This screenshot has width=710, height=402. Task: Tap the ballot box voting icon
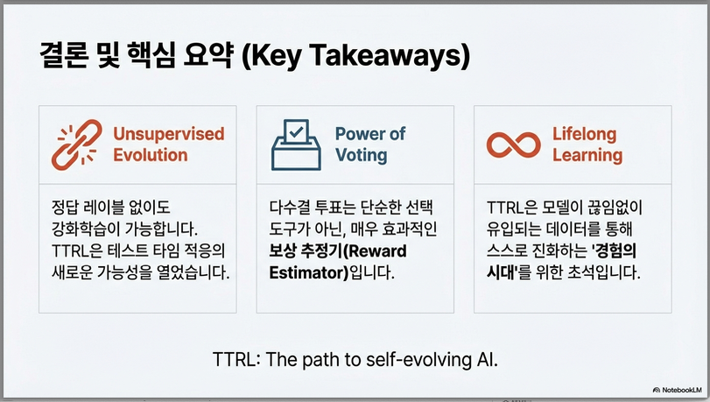click(296, 145)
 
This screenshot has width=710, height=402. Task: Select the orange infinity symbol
click(514, 145)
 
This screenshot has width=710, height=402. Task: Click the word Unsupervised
click(169, 134)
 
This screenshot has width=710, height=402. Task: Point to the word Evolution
click(151, 155)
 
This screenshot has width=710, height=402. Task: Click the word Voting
click(362, 155)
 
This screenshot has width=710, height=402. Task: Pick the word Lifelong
click(584, 135)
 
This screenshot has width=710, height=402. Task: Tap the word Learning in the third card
click(587, 155)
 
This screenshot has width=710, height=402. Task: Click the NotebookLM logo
click(677, 390)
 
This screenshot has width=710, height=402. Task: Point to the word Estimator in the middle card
click(308, 273)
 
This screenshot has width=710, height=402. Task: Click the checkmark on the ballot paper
click(296, 132)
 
